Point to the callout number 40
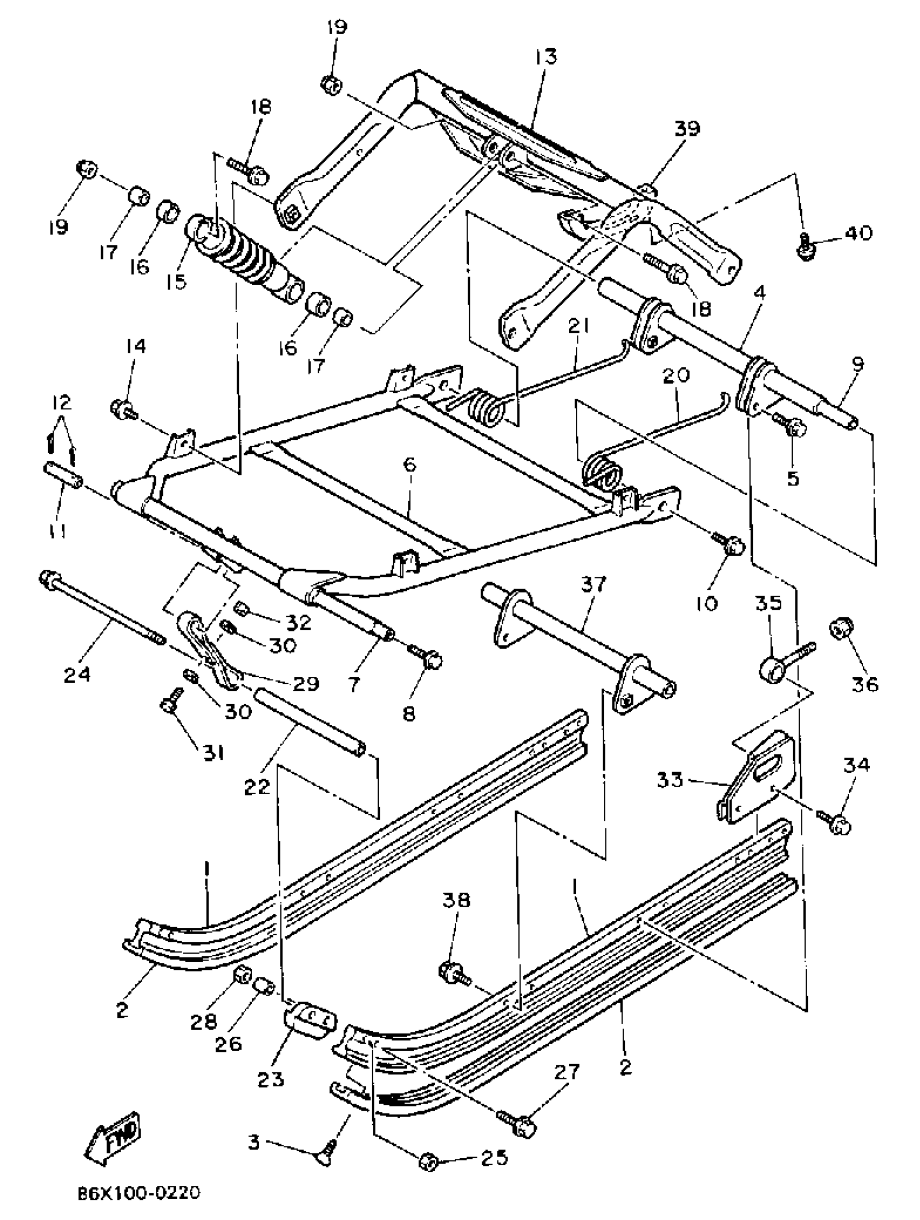(858, 233)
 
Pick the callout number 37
(593, 584)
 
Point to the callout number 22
(258, 787)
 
